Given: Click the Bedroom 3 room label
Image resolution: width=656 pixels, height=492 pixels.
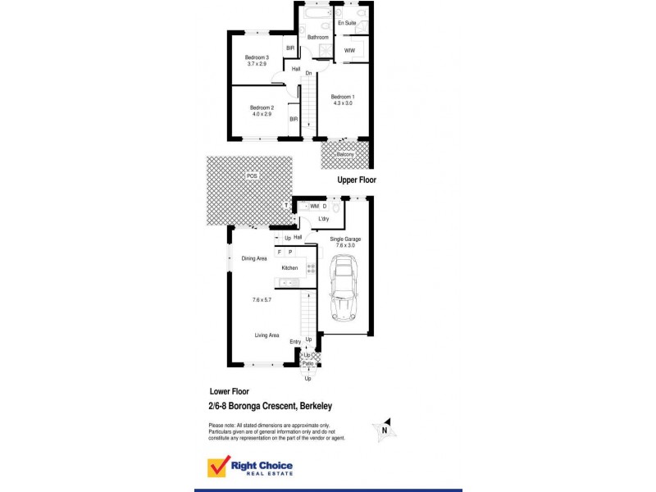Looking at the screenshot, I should click(x=257, y=57).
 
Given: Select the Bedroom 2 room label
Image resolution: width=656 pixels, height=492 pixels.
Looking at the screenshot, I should click(x=262, y=107).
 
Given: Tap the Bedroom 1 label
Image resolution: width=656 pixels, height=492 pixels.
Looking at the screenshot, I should click(x=343, y=98).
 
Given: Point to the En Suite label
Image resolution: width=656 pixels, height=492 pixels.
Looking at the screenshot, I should click(x=346, y=24).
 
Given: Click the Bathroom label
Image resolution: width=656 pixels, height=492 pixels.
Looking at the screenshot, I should click(x=318, y=38).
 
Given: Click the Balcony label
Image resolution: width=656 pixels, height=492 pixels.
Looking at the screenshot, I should click(x=344, y=154).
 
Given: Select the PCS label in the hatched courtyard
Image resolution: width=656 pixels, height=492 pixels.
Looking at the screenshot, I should click(x=251, y=175).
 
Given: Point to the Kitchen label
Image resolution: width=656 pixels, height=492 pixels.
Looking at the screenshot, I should click(x=289, y=268).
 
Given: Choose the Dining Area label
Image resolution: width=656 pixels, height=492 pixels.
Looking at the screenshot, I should click(x=254, y=258).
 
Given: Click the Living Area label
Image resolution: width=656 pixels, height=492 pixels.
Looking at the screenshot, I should click(x=266, y=335).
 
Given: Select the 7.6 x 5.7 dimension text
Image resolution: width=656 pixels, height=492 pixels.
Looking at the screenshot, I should click(x=262, y=300).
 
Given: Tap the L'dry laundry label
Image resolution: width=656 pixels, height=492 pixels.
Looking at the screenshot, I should click(x=325, y=221).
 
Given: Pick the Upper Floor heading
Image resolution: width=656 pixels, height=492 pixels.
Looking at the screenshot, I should click(x=356, y=179).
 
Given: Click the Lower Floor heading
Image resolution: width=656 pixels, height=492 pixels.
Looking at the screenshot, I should click(x=229, y=391).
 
